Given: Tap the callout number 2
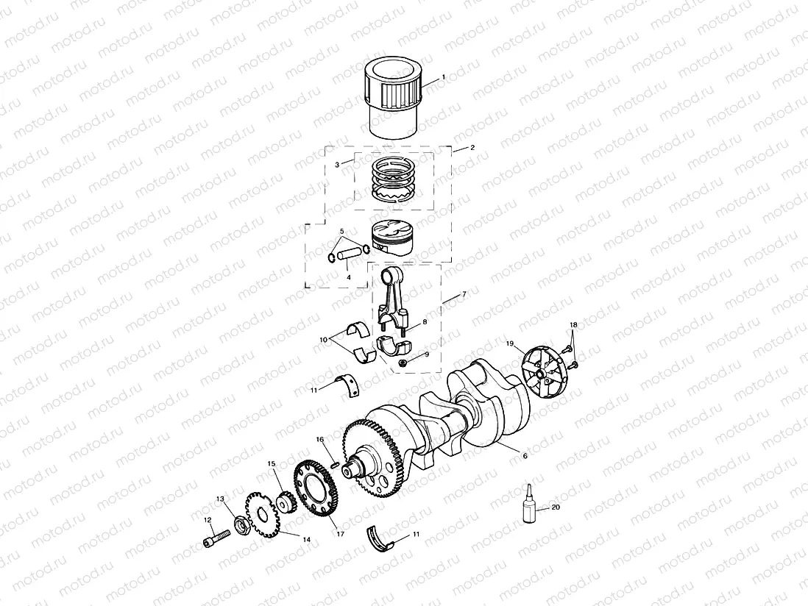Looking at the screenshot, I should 472,148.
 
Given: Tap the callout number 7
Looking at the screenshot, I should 464,295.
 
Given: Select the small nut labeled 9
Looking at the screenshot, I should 403,363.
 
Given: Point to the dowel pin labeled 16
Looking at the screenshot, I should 334,464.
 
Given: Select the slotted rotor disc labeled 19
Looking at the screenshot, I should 543,371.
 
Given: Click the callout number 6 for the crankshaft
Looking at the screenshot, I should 525,456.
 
